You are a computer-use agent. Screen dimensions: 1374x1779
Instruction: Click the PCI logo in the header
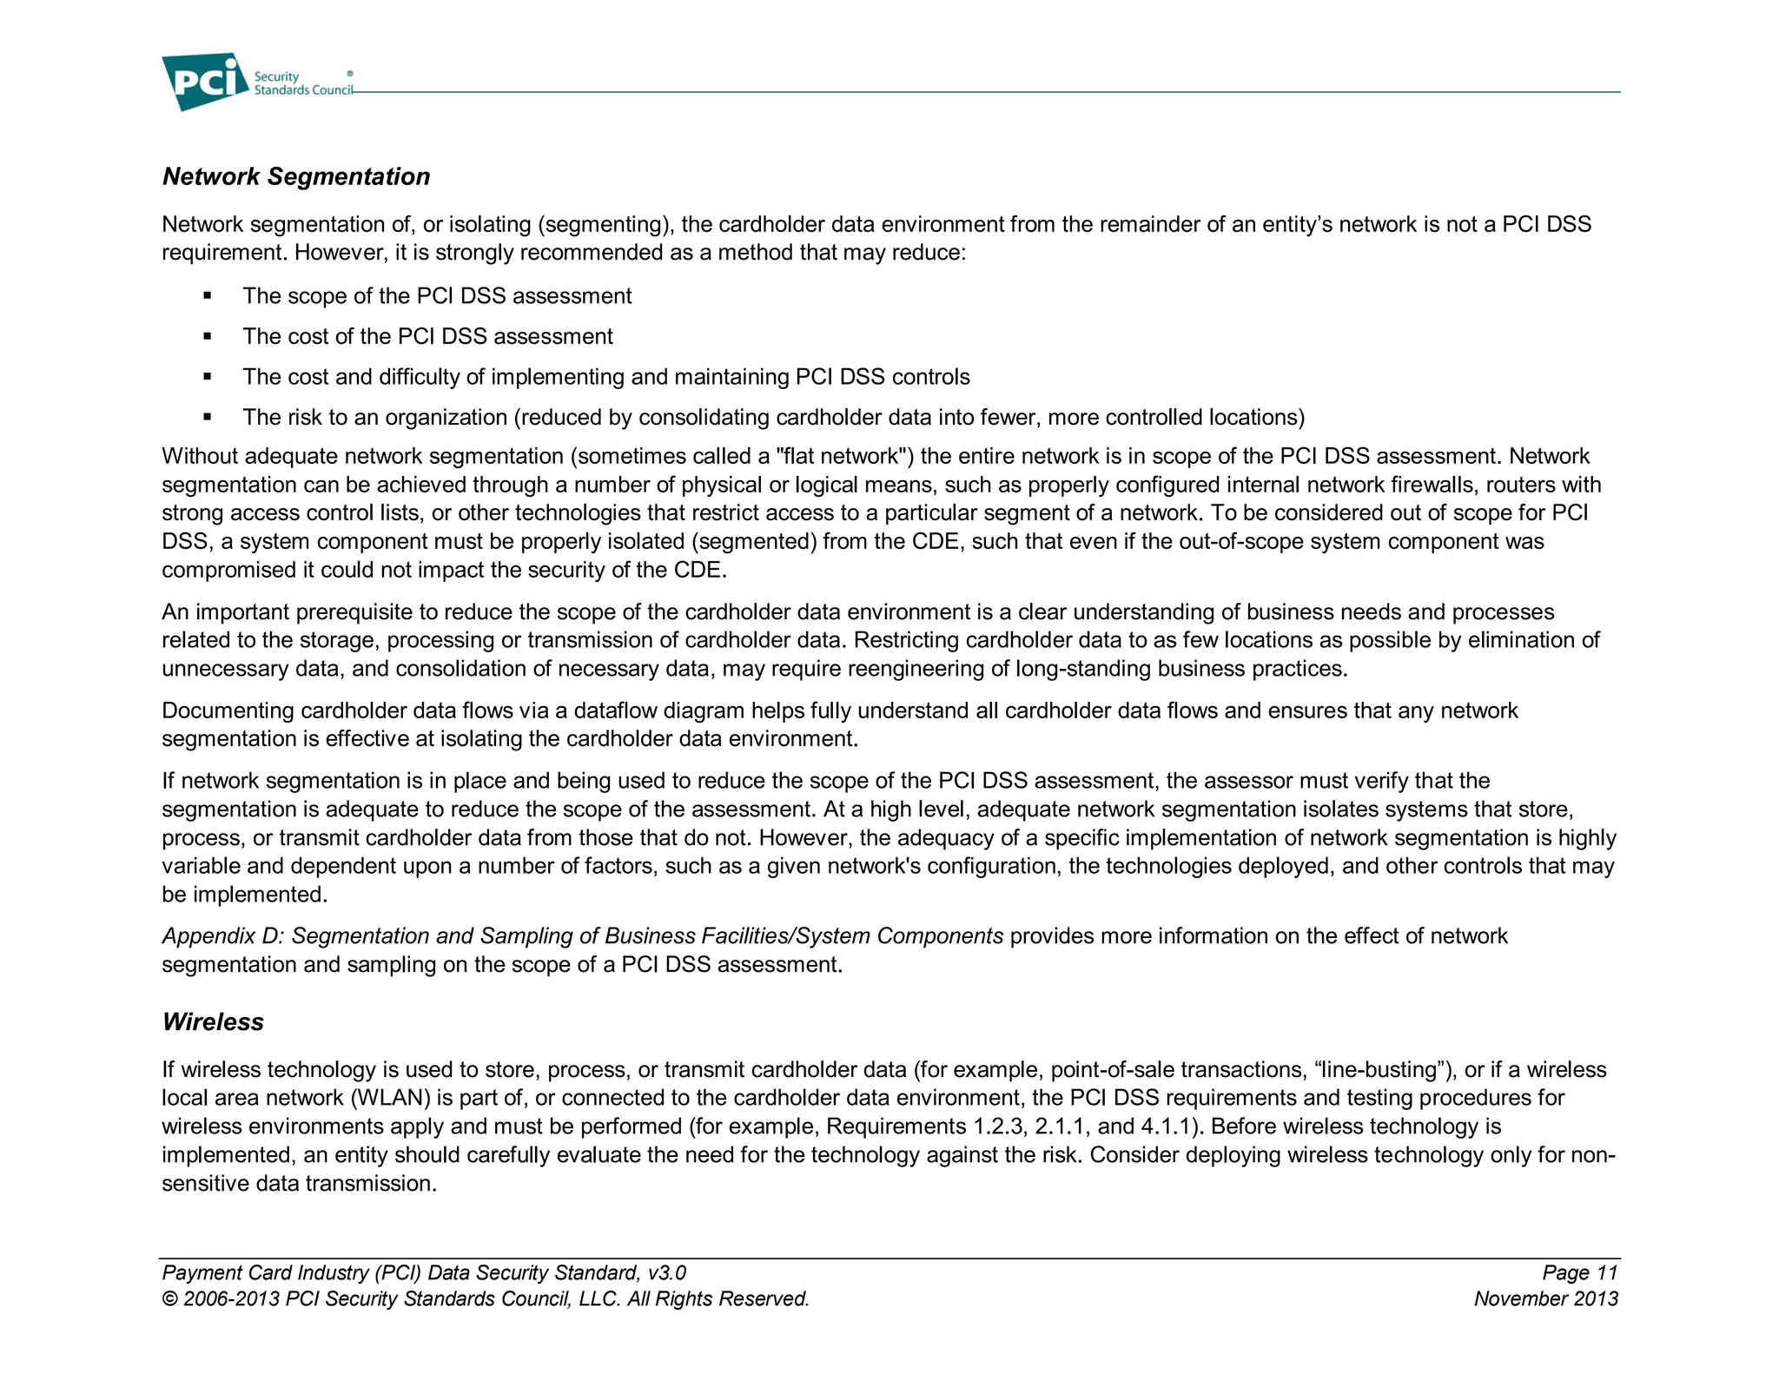[x=205, y=82]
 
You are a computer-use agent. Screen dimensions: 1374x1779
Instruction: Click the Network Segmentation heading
[x=296, y=176]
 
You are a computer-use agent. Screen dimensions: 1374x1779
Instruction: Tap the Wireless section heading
[x=213, y=1021]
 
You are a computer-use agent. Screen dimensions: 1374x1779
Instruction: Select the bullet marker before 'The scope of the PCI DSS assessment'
[x=208, y=296]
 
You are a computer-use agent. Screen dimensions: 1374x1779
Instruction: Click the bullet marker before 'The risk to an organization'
[x=208, y=418]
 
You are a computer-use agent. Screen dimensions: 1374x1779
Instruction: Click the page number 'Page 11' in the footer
[x=1579, y=1273]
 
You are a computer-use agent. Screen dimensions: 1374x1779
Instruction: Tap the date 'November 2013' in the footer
[x=1545, y=1299]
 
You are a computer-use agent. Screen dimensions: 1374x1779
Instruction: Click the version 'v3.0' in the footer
[x=666, y=1273]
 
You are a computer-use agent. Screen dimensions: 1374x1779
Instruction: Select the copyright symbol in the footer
[x=169, y=1299]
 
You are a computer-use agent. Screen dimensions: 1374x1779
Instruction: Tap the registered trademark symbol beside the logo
[x=350, y=74]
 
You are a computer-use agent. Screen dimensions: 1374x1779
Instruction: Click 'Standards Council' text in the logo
[x=303, y=90]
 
